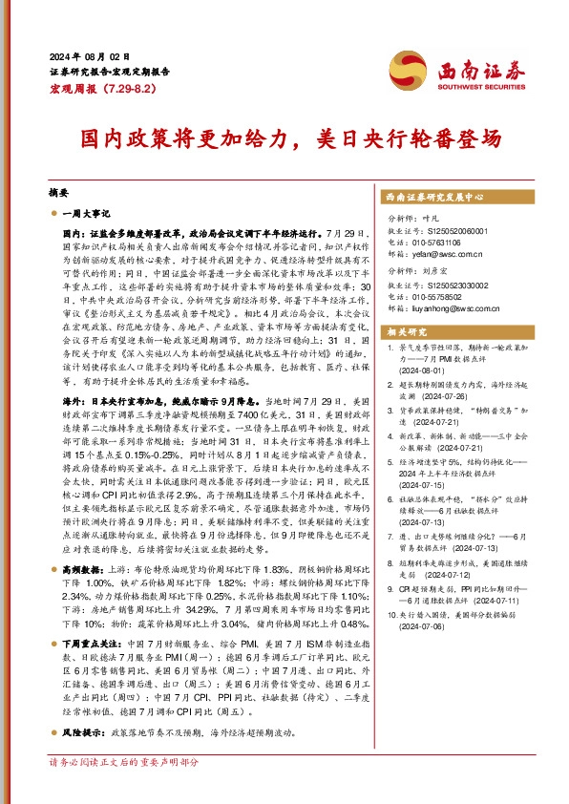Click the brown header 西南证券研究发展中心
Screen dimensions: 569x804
(432, 196)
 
